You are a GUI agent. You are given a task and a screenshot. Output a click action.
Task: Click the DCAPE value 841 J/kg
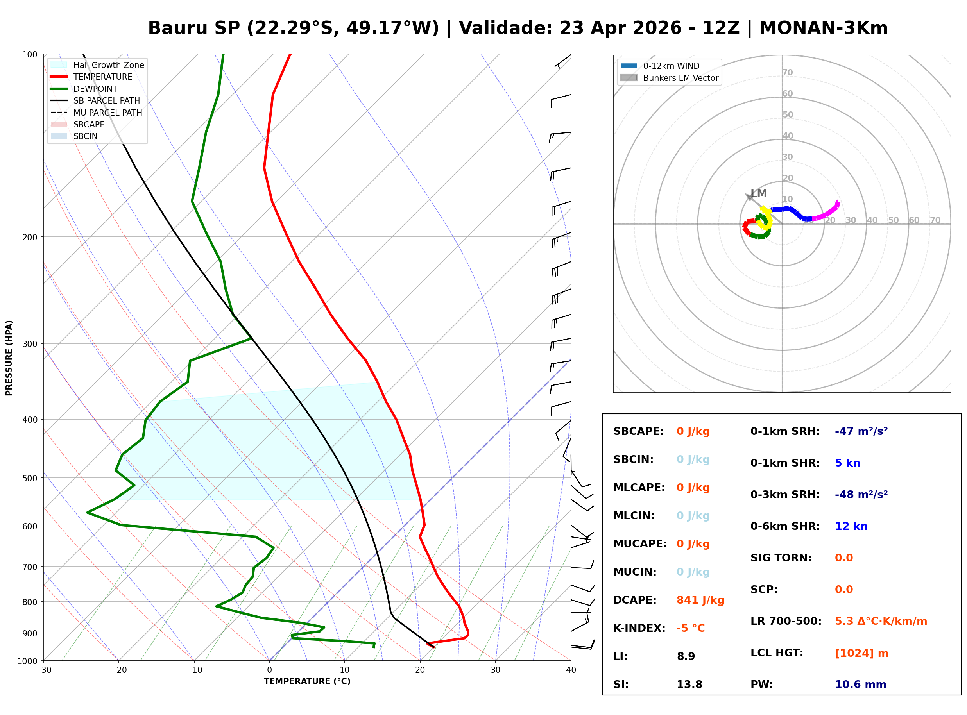pos(700,600)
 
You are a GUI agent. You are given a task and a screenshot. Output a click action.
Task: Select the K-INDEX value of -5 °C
pos(690,628)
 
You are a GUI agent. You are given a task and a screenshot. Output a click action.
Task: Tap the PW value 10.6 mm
pos(860,684)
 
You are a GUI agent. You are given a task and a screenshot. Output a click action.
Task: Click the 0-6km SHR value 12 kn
pos(851,526)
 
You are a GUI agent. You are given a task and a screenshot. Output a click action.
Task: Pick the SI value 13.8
pos(689,684)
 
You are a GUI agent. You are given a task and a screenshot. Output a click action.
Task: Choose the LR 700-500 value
pos(881,621)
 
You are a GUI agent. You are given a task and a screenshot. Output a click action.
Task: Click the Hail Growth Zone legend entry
pos(108,65)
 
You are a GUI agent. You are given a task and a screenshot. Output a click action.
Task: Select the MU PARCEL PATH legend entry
pos(107,113)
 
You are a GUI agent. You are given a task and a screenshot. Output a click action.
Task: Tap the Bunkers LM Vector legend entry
pos(680,78)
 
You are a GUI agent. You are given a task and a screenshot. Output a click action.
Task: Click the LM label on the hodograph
pos(759,193)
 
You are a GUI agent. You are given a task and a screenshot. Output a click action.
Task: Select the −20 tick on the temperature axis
pos(118,670)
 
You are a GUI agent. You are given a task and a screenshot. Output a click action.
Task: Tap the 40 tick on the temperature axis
pos(571,670)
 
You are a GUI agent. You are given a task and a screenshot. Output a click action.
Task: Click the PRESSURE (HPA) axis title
pos(9,357)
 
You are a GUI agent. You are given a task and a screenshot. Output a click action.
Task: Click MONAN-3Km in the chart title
pos(823,28)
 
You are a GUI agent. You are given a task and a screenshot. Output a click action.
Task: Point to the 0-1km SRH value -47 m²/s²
pos(861,431)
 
